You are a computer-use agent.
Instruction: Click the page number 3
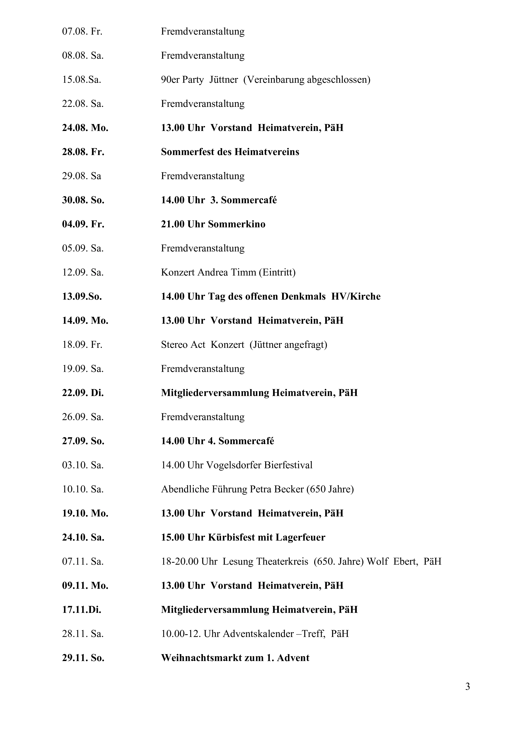[467, 687]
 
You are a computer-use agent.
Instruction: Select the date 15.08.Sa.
[82, 80]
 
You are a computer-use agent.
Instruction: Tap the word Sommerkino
[237, 224]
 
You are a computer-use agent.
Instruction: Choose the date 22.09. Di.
[83, 393]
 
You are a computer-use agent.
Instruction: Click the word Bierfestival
[288, 465]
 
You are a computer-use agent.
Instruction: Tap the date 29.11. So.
[83, 658]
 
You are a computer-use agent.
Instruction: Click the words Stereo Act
[183, 345]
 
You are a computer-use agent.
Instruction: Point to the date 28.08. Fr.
[83, 152]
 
